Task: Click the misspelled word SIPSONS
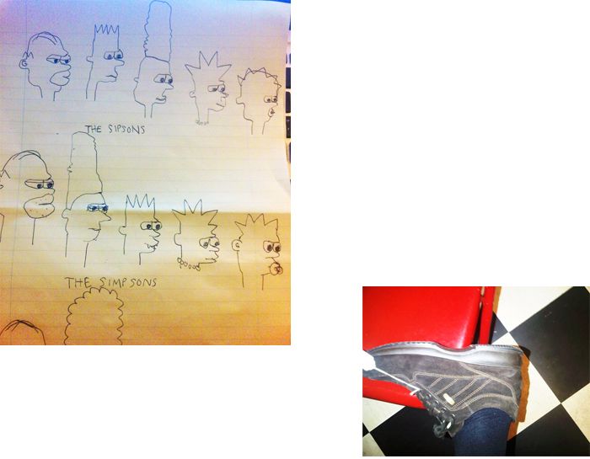click(x=126, y=129)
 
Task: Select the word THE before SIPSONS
click(x=94, y=129)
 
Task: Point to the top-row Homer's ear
click(x=24, y=63)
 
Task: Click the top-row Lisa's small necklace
click(x=201, y=122)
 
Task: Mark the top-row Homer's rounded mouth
click(x=61, y=77)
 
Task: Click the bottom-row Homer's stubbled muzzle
click(x=39, y=205)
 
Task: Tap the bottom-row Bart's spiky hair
click(x=140, y=203)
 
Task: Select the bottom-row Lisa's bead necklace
click(x=188, y=264)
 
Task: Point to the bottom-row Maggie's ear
click(x=237, y=246)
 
